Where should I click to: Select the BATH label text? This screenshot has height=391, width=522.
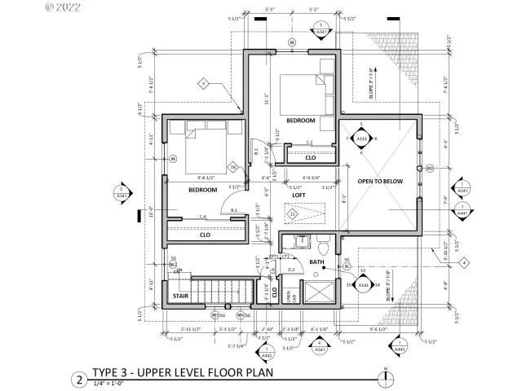tap(317, 262)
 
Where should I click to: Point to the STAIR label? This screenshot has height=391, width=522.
tap(181, 297)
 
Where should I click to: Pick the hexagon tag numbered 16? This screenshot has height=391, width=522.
tap(233, 167)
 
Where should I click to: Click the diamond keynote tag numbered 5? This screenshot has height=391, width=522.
tap(205, 82)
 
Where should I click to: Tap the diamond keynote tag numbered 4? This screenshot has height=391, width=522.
tap(463, 262)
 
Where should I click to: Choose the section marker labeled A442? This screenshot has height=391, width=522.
tap(266, 352)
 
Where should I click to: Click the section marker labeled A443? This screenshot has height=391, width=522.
tap(399, 345)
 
